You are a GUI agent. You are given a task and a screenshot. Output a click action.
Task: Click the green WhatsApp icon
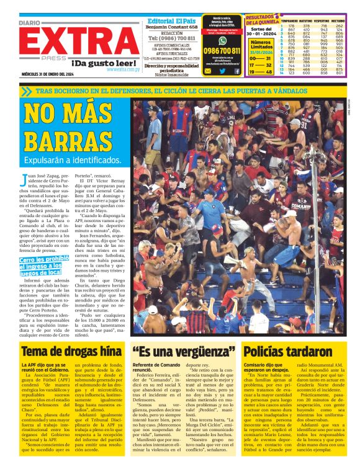pyautogui.click(x=222, y=40)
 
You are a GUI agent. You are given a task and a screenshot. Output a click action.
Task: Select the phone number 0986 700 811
pyautogui.click(x=222, y=50)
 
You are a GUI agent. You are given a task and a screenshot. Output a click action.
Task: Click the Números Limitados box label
pyautogui.click(x=260, y=45)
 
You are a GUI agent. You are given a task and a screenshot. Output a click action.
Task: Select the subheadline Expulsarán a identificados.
pyautogui.click(x=73, y=161)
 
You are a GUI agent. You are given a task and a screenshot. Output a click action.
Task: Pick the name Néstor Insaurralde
pyautogui.click(x=173, y=74)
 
